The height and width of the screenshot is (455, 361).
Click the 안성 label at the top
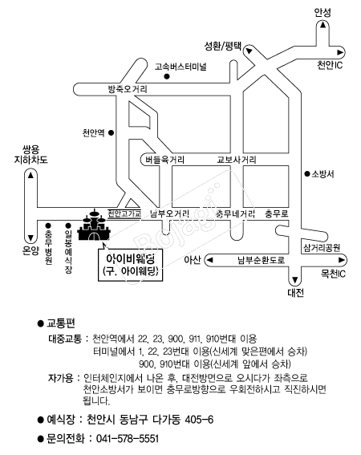click(x=322, y=13)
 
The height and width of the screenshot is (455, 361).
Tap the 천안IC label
click(x=330, y=65)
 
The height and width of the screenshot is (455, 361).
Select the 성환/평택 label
click(x=223, y=46)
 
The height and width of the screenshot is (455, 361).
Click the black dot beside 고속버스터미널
click(x=167, y=76)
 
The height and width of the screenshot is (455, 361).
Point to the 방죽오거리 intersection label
click(x=128, y=89)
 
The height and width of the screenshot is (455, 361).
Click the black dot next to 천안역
click(x=111, y=133)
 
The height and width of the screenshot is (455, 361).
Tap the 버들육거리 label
click(x=164, y=160)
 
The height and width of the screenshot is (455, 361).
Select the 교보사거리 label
click(x=237, y=160)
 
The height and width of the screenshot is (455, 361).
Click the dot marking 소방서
click(x=306, y=174)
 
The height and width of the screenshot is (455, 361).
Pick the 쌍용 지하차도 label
click(x=31, y=154)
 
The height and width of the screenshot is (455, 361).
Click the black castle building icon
click(x=93, y=225)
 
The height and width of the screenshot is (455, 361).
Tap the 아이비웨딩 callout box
click(x=130, y=265)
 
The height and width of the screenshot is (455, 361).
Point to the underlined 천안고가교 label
click(x=124, y=213)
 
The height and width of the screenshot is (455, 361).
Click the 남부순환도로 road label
click(x=261, y=260)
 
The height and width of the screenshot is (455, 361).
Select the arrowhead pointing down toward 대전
click(x=295, y=280)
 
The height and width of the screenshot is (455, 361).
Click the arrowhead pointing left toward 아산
click(x=209, y=260)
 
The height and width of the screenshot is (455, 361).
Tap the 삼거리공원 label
click(x=322, y=247)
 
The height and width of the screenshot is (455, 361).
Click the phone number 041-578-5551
click(x=128, y=438)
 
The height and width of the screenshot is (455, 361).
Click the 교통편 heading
click(x=61, y=323)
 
